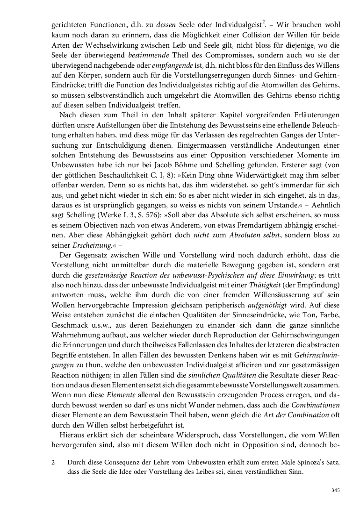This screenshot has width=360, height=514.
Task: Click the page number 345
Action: pyautogui.click(x=335, y=490)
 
